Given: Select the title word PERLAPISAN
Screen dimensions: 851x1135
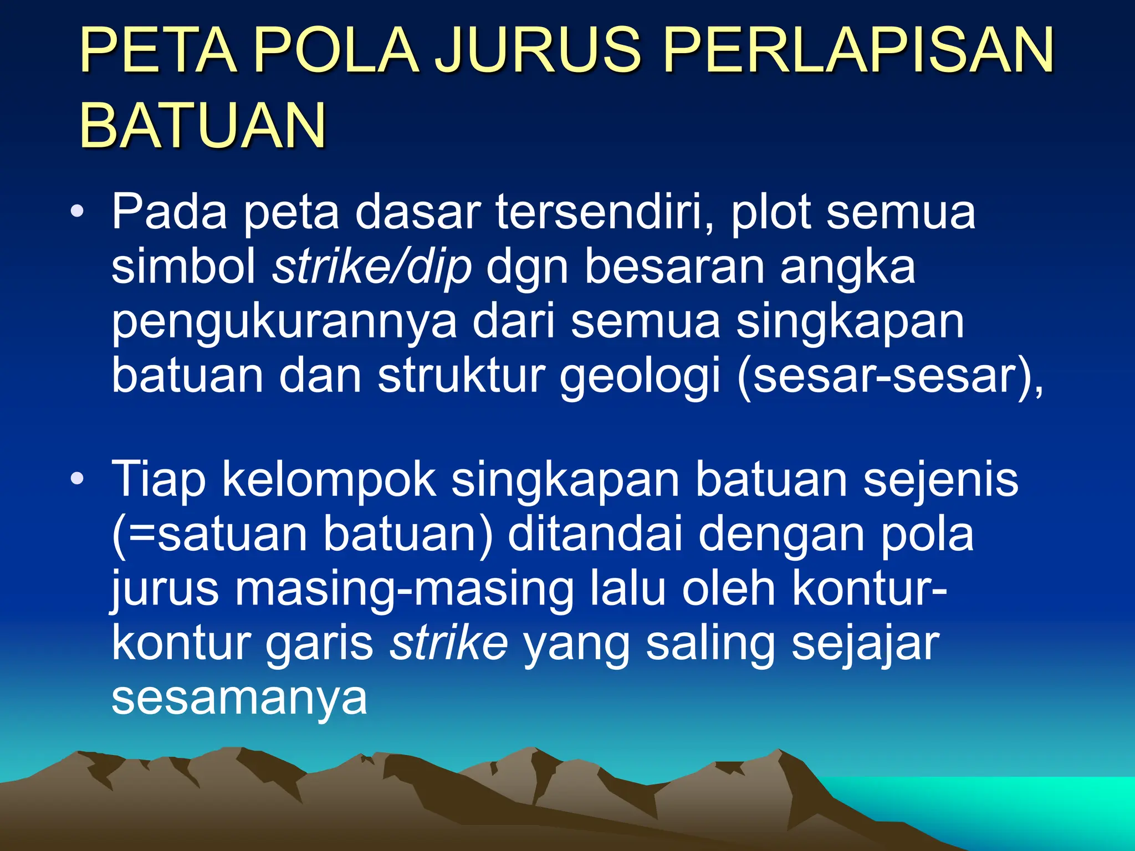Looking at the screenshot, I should pyautogui.click(x=858, y=50).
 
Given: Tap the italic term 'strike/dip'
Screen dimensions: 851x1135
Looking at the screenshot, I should pyautogui.click(x=372, y=266).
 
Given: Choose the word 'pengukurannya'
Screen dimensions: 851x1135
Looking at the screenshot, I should pyautogui.click(x=284, y=322).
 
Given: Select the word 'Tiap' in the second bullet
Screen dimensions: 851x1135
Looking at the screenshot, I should pyautogui.click(x=159, y=479).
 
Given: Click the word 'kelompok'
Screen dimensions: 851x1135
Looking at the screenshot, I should pyautogui.click(x=329, y=479).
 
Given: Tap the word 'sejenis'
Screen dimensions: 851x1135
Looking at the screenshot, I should pyautogui.click(x=940, y=479).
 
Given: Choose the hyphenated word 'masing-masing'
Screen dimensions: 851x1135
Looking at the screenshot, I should pyautogui.click(x=404, y=589).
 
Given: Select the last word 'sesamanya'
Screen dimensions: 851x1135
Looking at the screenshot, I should pyautogui.click(x=239, y=698).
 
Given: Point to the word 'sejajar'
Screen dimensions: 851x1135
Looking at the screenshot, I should pyautogui.click(x=865, y=643).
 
